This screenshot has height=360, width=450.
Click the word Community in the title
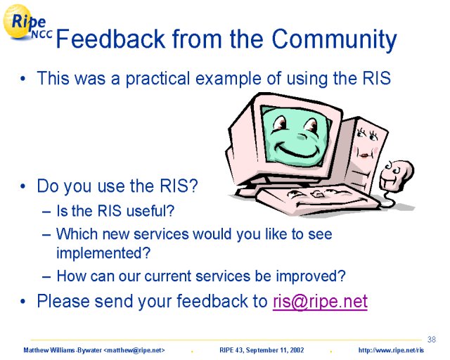[334, 39]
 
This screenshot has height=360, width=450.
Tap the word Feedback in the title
[111, 39]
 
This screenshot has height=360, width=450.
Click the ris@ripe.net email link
[320, 301]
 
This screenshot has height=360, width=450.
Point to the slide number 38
[431, 340]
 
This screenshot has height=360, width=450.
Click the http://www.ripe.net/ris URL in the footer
[391, 350]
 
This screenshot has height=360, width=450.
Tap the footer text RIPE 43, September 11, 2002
[262, 350]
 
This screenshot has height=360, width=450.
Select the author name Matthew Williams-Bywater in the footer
[63, 350]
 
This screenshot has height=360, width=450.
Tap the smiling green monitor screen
[295, 136]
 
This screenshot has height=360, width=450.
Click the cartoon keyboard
[316, 199]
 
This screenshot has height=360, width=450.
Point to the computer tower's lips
[364, 155]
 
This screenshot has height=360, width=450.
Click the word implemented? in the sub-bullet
[103, 253]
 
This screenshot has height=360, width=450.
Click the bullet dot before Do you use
[23, 186]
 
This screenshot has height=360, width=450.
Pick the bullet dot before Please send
[23, 302]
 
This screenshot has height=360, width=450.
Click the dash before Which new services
[46, 235]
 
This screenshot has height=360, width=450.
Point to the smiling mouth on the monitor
[297, 151]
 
